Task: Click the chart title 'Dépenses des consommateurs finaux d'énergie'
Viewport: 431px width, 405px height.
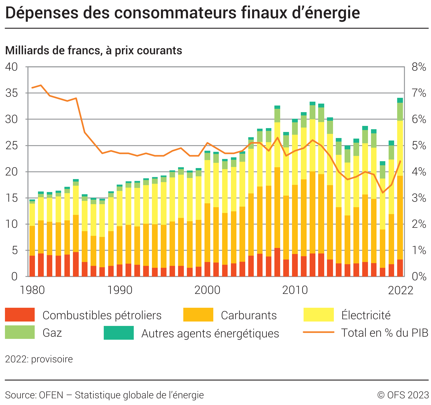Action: tap(182, 13)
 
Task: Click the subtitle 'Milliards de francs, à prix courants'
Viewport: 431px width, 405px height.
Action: tap(94, 50)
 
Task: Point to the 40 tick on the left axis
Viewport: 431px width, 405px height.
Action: tap(11, 67)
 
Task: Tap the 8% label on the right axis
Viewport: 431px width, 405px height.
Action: tap(419, 67)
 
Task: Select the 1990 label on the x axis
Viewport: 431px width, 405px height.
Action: tap(120, 290)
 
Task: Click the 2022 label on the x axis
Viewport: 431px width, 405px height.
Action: tap(400, 290)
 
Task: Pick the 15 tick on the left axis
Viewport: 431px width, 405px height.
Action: tap(11, 198)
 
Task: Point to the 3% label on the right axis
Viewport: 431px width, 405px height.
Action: tap(419, 198)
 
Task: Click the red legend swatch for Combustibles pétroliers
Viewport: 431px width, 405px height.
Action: tap(20, 315)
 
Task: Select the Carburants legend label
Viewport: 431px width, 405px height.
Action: tap(249, 315)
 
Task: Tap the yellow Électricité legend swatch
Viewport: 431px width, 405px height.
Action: tap(318, 315)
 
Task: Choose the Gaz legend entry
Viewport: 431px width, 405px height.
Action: tap(52, 333)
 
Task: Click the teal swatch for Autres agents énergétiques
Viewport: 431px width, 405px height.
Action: tap(119, 333)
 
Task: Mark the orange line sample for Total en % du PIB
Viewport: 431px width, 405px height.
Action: tap(318, 332)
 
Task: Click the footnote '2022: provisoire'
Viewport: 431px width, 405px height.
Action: tap(39, 359)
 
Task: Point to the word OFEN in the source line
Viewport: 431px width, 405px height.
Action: tap(51, 395)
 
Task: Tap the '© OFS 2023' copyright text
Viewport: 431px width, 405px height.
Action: tap(403, 395)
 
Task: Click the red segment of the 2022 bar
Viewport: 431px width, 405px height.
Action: tap(400, 268)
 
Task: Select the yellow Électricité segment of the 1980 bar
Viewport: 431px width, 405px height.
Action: tap(32, 215)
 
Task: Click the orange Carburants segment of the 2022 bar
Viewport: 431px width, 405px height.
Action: tap(400, 218)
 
